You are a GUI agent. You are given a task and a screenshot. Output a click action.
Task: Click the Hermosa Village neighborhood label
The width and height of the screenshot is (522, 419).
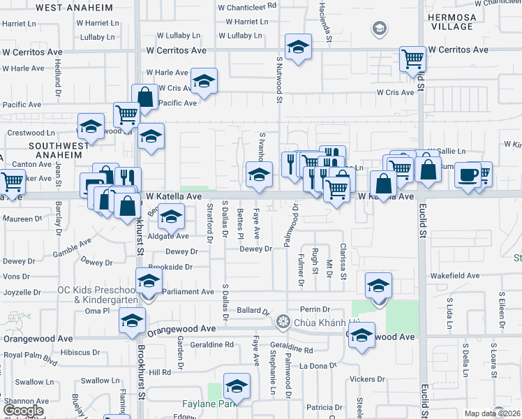point(470,22)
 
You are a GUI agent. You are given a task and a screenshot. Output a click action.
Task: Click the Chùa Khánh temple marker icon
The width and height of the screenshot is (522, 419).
point(283,322)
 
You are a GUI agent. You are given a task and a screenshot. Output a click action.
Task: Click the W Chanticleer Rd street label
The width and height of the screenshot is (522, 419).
point(247,6)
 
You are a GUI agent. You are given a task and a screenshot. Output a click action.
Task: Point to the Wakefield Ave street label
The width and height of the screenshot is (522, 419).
point(457,277)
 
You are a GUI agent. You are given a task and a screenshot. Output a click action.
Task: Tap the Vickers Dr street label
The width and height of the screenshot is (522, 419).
point(367,379)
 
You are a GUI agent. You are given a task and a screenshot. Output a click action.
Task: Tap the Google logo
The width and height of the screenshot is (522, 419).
point(24,411)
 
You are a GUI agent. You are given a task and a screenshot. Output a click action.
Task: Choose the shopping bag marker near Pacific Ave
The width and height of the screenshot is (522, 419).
point(145,97)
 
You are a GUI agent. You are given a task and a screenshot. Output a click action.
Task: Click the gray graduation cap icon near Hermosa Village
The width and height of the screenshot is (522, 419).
point(379,29)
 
